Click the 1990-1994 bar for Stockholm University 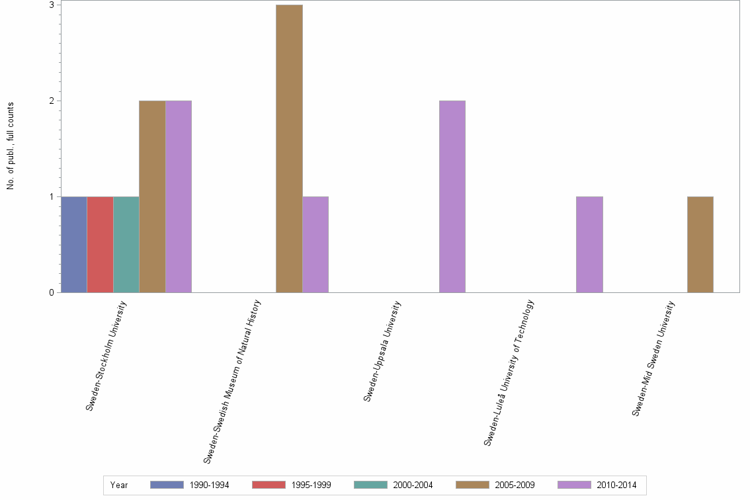point(74,245)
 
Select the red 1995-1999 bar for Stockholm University point(100,245)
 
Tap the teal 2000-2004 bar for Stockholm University point(126,245)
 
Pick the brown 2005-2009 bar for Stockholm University point(152,196)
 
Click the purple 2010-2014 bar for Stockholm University point(179,196)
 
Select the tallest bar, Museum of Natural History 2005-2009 point(289,149)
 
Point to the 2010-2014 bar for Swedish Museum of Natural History point(315,245)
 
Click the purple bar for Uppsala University point(452,196)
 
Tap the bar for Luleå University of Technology point(589,245)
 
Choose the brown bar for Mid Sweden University point(700,245)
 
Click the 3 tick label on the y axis point(51,5)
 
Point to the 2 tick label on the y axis point(51,101)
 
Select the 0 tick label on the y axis point(51,293)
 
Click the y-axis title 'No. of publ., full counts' point(11,146)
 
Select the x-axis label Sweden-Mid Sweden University point(653,358)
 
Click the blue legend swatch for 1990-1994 point(166,485)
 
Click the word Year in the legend point(119,485)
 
